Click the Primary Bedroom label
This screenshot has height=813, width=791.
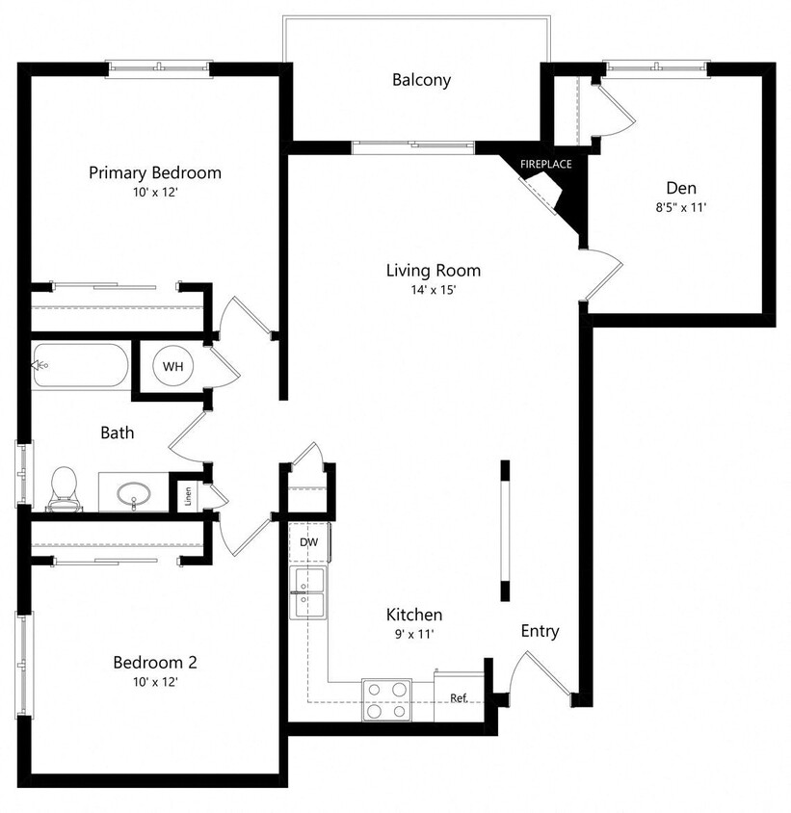click(x=154, y=173)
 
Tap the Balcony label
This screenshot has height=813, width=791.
click(x=421, y=80)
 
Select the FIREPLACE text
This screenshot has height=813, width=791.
click(x=545, y=164)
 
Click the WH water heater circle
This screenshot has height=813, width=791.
click(x=172, y=366)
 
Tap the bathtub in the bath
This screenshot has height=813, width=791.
click(x=79, y=366)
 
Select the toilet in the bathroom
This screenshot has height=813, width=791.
click(x=64, y=487)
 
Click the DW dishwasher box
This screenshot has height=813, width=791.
click(x=308, y=542)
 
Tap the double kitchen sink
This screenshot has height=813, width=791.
click(x=308, y=592)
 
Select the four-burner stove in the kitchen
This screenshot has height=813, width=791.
click(x=385, y=699)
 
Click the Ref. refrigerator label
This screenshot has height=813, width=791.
click(x=459, y=697)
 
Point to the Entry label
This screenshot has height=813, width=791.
click(x=540, y=631)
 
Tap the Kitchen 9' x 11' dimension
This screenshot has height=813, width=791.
click(x=413, y=634)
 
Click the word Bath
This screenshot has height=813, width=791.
click(x=118, y=433)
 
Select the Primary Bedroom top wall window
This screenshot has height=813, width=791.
click(x=158, y=68)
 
